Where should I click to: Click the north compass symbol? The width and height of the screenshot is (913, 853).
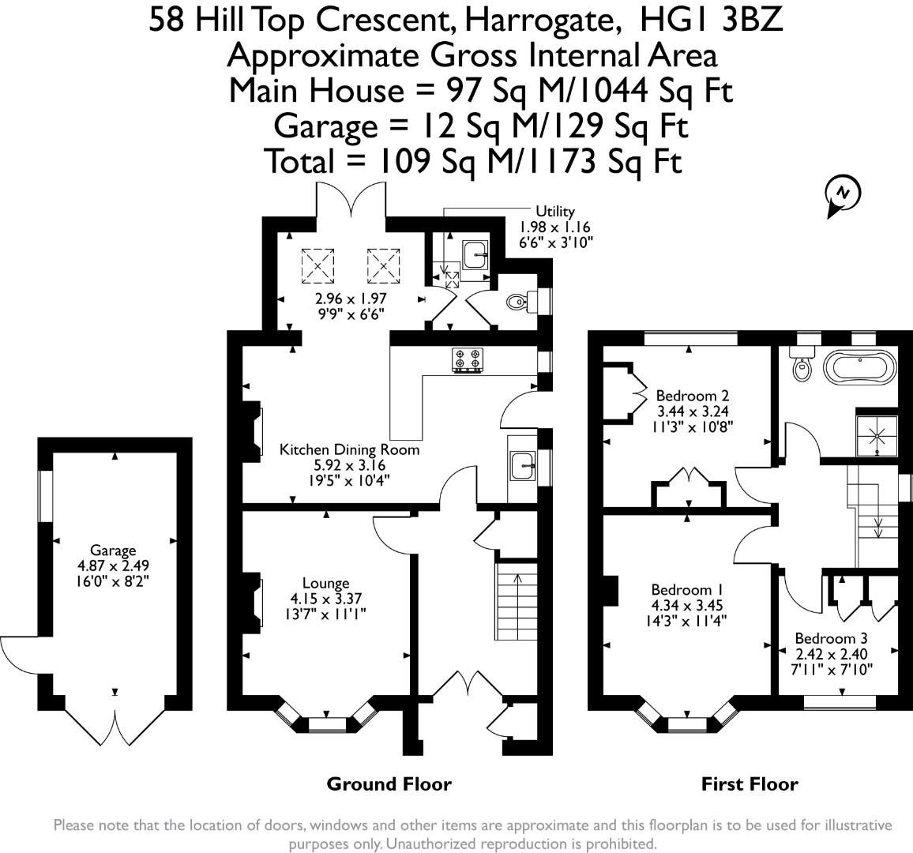coord(842,194)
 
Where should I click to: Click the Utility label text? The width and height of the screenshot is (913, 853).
coord(555,212)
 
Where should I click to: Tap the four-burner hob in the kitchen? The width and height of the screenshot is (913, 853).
coord(467,360)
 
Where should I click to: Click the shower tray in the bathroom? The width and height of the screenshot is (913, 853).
coord(878,434)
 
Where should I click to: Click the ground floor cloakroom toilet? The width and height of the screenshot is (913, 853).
coord(518,301)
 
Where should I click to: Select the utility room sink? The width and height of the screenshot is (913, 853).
coord(476,255)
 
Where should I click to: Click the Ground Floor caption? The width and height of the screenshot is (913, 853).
coord(389,784)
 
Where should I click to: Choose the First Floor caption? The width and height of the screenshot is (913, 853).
coord(749,784)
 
